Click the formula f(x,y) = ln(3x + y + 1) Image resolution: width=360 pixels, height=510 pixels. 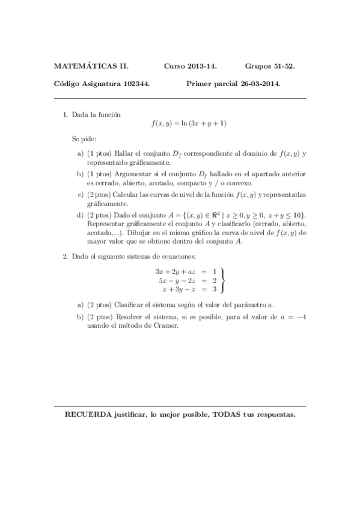(x=189, y=124)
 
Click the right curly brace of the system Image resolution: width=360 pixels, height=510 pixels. (x=223, y=280)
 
